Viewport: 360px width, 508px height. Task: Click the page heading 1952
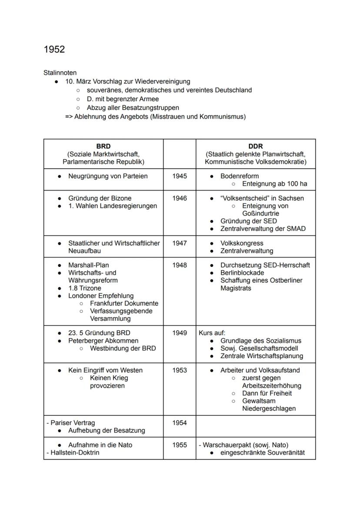(54, 50)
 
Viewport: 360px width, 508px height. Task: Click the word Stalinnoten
(60, 73)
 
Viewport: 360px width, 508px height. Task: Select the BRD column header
(103, 146)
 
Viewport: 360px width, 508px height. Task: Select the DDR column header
(256, 146)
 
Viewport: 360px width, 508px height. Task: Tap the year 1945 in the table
(180, 176)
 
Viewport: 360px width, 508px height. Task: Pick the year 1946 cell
(180, 198)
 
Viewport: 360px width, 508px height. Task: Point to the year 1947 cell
(180, 243)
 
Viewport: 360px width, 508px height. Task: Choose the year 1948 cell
(180, 265)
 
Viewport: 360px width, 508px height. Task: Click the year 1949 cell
(180, 333)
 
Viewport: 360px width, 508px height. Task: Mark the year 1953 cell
(180, 370)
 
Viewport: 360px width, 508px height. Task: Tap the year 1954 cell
(180, 423)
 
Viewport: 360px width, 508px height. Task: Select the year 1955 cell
(180, 445)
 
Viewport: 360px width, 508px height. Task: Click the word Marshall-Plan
(89, 265)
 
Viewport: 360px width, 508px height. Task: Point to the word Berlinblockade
(242, 273)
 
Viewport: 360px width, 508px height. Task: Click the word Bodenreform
(240, 176)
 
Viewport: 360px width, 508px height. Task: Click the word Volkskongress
(242, 243)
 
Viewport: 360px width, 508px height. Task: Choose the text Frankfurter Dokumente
(124, 303)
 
